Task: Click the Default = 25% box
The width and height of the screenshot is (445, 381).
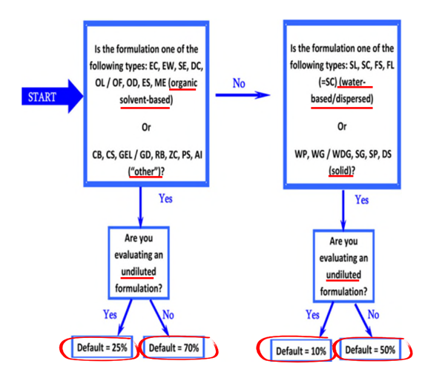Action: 103,348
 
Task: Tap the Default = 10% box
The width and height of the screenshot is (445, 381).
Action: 300,350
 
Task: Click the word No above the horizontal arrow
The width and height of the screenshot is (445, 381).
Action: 239,84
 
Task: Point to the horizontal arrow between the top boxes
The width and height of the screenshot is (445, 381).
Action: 242,95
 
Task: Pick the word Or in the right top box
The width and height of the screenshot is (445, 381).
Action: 342,126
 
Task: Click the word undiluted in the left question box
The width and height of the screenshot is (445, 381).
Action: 140,270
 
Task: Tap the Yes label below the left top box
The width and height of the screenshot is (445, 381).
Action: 168,199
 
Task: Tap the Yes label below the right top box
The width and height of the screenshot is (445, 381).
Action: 363,200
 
